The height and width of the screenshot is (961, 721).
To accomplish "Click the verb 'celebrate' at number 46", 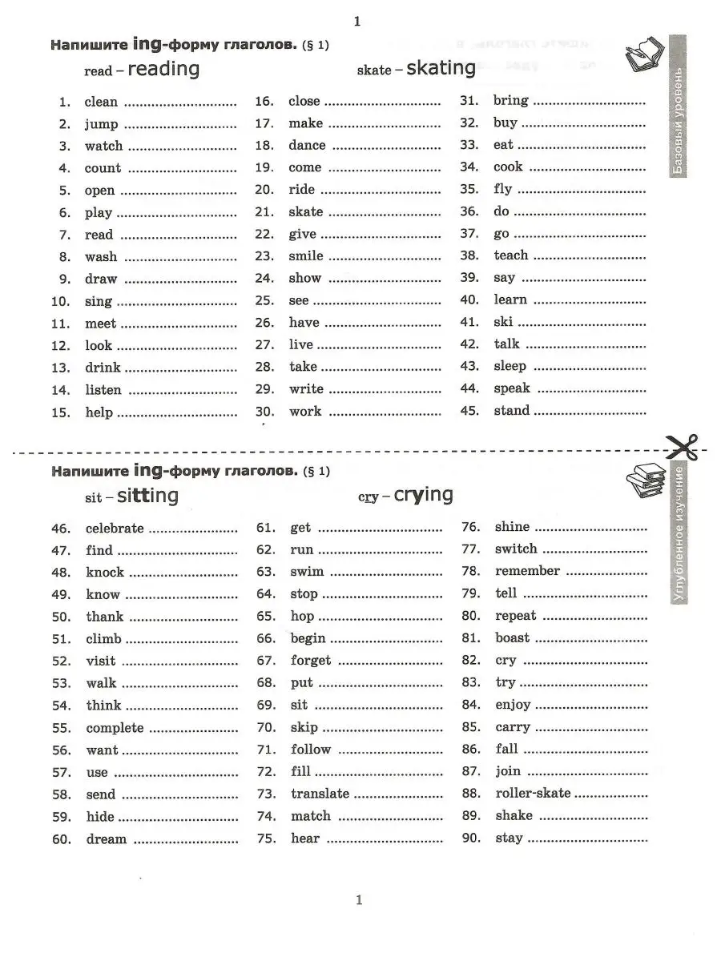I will pyautogui.click(x=115, y=529).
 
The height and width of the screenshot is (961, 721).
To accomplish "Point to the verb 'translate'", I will pyautogui.click(x=320, y=794).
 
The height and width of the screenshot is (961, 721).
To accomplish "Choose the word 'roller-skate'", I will pyautogui.click(x=533, y=794).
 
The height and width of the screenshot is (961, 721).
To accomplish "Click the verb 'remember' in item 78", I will pyautogui.click(x=527, y=572).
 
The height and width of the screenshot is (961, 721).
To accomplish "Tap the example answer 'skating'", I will pyautogui.click(x=441, y=68).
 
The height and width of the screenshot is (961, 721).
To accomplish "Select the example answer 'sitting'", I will pyautogui.click(x=147, y=496).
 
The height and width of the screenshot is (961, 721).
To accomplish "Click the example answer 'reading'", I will pyautogui.click(x=163, y=69).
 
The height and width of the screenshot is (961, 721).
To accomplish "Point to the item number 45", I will pyautogui.click(x=470, y=411).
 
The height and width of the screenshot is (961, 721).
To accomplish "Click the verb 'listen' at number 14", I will pyautogui.click(x=103, y=391).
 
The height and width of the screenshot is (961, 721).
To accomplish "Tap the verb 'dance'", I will pyautogui.click(x=307, y=146).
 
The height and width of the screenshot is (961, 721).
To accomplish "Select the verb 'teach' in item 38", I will pyautogui.click(x=511, y=255).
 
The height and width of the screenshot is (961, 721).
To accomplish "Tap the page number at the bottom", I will pyautogui.click(x=359, y=900).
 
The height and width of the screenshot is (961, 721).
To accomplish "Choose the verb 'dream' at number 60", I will pyautogui.click(x=107, y=839).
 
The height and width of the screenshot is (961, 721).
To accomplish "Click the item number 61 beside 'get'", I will pyautogui.click(x=266, y=528).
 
